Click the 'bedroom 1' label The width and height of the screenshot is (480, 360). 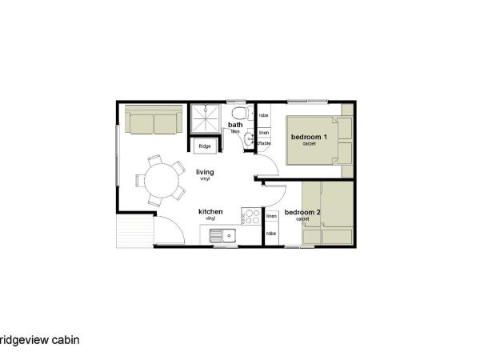tap(310, 138)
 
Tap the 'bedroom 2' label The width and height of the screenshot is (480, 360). tap(302, 212)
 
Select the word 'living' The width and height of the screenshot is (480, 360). tap(205, 172)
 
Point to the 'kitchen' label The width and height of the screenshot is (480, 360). tap(210, 211)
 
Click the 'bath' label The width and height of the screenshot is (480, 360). tap(235, 125)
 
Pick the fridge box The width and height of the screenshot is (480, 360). tap(205, 146)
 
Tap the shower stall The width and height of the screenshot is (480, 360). tap(206, 119)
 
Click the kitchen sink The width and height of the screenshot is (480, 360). tap(220, 235)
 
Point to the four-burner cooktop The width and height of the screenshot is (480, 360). tap(251, 217)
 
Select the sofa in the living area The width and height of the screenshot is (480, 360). tap(154, 122)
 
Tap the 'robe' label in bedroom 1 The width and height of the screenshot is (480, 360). tap(263, 116)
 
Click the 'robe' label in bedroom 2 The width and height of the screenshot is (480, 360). tap(271, 233)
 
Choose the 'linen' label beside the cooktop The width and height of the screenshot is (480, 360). tap(271, 216)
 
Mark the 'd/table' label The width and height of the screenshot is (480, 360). tap(263, 143)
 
